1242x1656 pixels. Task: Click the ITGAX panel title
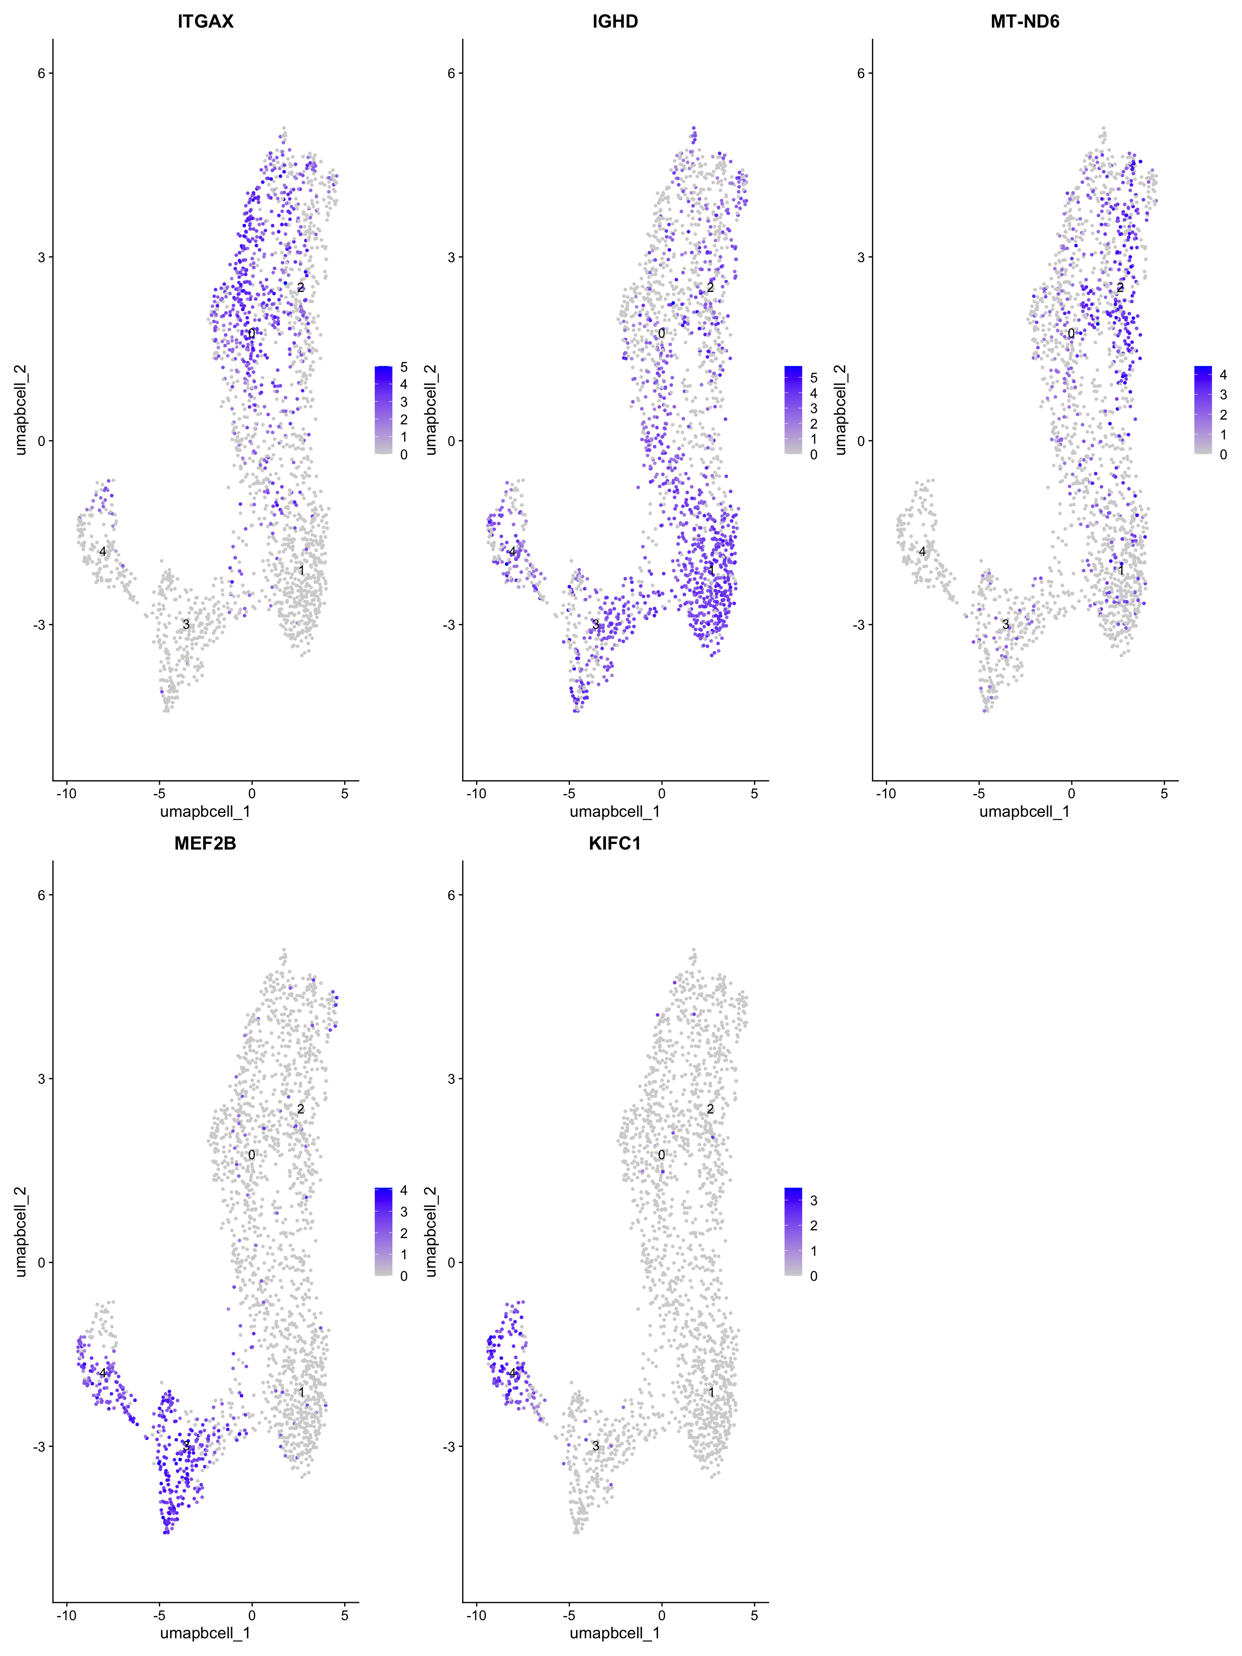point(205,22)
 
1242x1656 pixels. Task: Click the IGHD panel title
point(615,22)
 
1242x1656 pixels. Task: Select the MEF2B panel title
point(205,844)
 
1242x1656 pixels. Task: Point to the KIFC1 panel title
point(615,844)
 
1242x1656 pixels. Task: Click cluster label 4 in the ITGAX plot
point(103,552)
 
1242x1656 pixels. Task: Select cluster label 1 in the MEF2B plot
point(301,1393)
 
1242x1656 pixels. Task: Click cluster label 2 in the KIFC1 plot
point(710,1109)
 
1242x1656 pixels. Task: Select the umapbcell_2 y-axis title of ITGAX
point(21,410)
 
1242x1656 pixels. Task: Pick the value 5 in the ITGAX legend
point(404,367)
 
